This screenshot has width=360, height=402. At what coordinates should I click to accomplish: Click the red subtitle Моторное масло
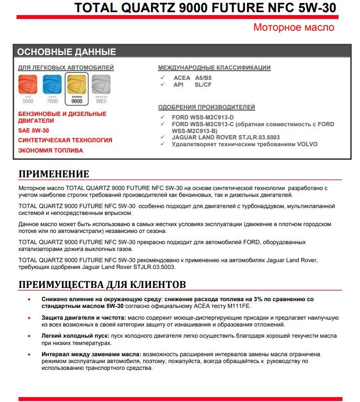pos(294,27)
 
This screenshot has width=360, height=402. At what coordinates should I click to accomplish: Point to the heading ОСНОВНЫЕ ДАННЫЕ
pos(67,52)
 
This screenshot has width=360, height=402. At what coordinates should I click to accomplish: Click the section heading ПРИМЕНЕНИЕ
pos(54,174)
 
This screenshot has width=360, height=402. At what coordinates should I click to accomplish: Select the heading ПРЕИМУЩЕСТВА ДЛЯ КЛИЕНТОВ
pos(102,284)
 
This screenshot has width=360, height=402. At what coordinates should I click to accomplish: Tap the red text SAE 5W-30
pos(34,131)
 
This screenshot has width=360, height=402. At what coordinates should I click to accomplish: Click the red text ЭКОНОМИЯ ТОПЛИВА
pos(51,151)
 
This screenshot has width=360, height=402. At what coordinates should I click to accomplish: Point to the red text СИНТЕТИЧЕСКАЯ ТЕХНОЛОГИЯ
pos(65,140)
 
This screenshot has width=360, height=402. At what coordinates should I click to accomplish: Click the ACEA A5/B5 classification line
pos(192,78)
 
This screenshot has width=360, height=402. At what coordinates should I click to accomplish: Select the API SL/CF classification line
pos(192,85)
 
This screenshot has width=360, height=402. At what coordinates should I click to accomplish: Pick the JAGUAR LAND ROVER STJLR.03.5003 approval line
pos(226,137)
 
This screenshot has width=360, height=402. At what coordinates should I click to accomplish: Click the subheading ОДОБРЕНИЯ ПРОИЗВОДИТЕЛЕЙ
pos(207,107)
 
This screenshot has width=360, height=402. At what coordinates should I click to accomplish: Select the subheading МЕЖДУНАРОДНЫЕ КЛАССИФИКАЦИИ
pos(214,68)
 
